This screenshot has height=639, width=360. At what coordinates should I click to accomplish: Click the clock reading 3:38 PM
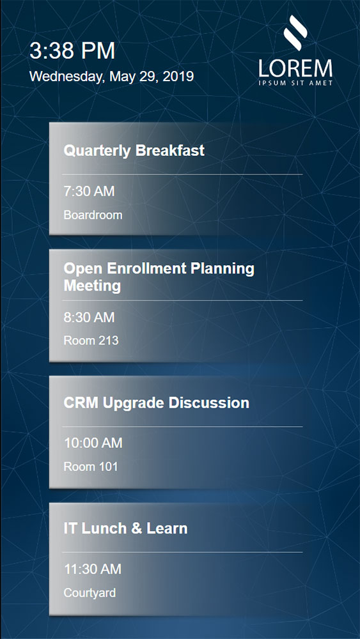click(72, 51)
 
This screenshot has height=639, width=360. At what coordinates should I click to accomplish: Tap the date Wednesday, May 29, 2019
click(111, 76)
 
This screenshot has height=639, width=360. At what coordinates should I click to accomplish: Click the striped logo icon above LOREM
click(295, 33)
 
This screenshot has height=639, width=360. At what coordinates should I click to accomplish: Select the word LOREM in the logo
click(295, 68)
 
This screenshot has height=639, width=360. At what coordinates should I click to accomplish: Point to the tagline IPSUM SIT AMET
click(295, 82)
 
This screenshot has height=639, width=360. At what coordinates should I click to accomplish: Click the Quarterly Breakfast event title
click(134, 151)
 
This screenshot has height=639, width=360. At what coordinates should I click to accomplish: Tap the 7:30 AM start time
click(90, 191)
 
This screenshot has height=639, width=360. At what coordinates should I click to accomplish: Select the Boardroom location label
click(93, 215)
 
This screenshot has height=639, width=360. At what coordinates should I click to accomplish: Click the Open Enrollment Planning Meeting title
click(159, 277)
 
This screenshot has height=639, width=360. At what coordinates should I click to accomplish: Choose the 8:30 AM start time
click(90, 317)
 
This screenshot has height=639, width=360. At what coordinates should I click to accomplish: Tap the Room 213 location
click(91, 341)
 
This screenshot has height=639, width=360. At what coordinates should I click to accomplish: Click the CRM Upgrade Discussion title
click(157, 403)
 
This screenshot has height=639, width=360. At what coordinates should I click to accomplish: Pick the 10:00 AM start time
click(93, 443)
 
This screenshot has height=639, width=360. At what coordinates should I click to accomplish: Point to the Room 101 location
click(91, 466)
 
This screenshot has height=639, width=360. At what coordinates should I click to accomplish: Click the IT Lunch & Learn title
click(125, 528)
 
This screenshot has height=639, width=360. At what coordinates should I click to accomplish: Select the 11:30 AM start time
click(93, 569)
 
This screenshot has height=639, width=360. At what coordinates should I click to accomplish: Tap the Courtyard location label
click(90, 592)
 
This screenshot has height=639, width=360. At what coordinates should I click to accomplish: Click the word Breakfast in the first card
click(170, 150)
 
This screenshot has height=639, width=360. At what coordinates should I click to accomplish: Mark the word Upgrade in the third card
click(134, 403)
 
